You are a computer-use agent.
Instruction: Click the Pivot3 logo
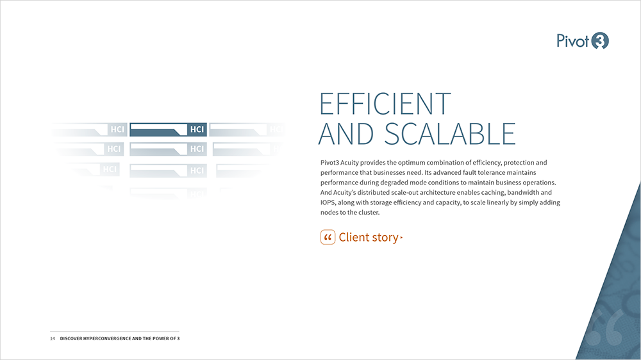[x=583, y=41]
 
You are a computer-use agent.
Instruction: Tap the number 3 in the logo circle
[x=600, y=41]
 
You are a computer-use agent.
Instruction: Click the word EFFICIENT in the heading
[x=385, y=104]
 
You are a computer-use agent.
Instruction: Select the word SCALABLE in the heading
[x=450, y=134]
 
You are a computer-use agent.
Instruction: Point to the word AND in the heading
[x=346, y=134]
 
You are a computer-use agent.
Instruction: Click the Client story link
[x=362, y=238]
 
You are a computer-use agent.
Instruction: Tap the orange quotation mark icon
[x=328, y=238]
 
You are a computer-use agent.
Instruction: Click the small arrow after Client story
[x=401, y=238]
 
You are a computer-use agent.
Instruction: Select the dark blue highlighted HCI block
[x=168, y=129]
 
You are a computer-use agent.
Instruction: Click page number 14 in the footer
[x=53, y=338]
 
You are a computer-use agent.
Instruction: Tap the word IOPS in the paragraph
[x=328, y=202]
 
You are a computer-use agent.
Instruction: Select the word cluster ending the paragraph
[x=369, y=213]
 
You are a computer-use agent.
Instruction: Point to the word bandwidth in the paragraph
[x=523, y=192]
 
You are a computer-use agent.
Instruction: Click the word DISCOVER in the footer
[x=71, y=338]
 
